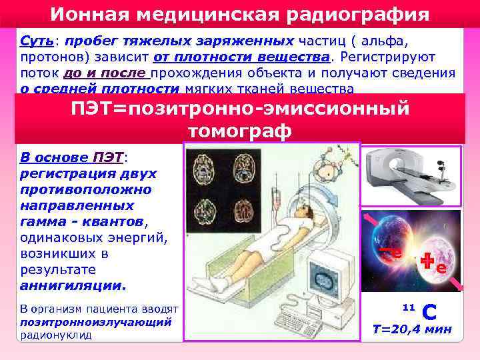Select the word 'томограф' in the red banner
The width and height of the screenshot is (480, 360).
pyautogui.click(x=239, y=131)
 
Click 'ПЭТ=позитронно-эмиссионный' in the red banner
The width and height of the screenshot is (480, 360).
pyautogui.click(x=240, y=109)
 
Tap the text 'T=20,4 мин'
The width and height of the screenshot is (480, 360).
pyautogui.click(x=411, y=329)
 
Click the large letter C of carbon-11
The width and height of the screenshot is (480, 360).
pyautogui.click(x=430, y=311)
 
